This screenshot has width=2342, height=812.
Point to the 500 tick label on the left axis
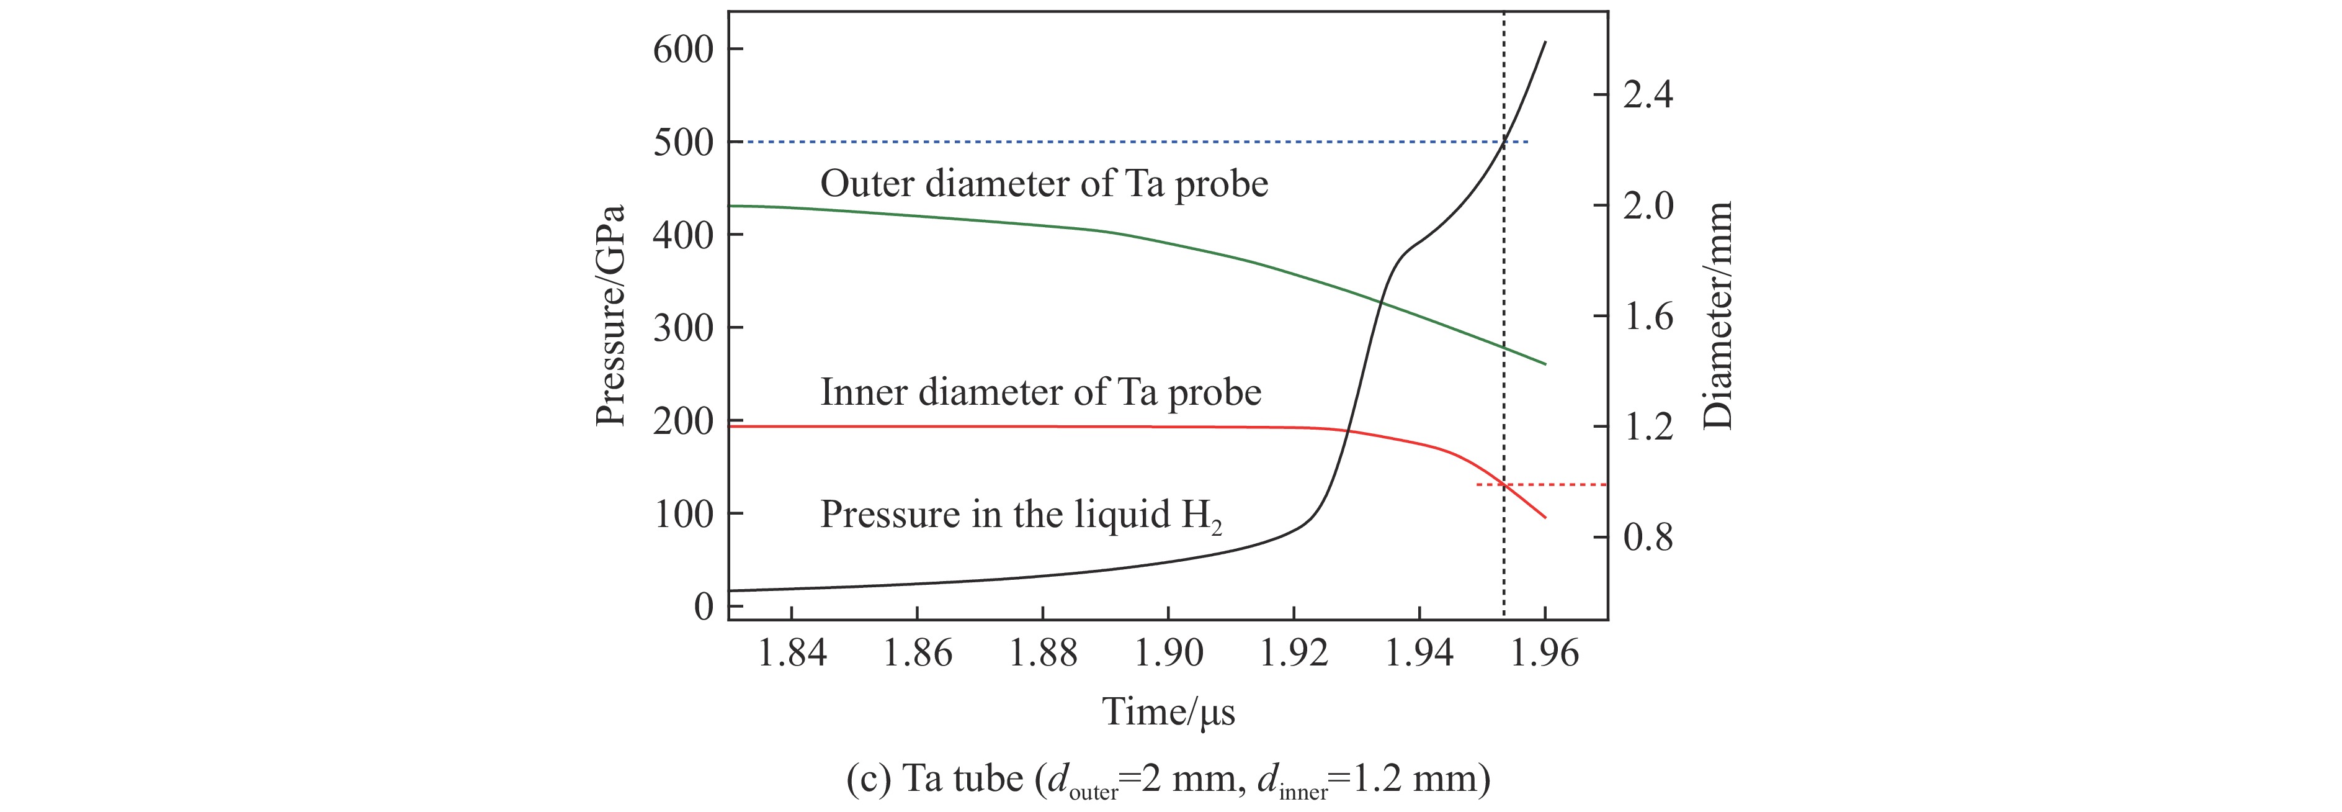[x=684, y=143]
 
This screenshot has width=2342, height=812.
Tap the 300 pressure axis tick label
[x=684, y=328]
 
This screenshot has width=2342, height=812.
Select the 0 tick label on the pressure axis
[x=704, y=607]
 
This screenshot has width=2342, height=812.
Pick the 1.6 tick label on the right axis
[x=1647, y=317]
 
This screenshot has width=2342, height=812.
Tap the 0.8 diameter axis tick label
[x=1647, y=538]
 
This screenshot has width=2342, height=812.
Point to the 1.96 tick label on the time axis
[x=1545, y=653]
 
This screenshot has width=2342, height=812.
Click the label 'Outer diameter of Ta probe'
[x=1044, y=184]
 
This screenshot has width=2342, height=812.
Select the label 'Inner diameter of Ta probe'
[x=1041, y=392]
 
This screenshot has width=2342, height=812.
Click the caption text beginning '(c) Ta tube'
[x=1168, y=780]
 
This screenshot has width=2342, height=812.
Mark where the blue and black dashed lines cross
[x=1504, y=142]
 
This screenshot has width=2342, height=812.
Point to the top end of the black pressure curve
[x=1545, y=42]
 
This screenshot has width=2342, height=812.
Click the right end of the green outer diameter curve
[x=1545, y=364]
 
